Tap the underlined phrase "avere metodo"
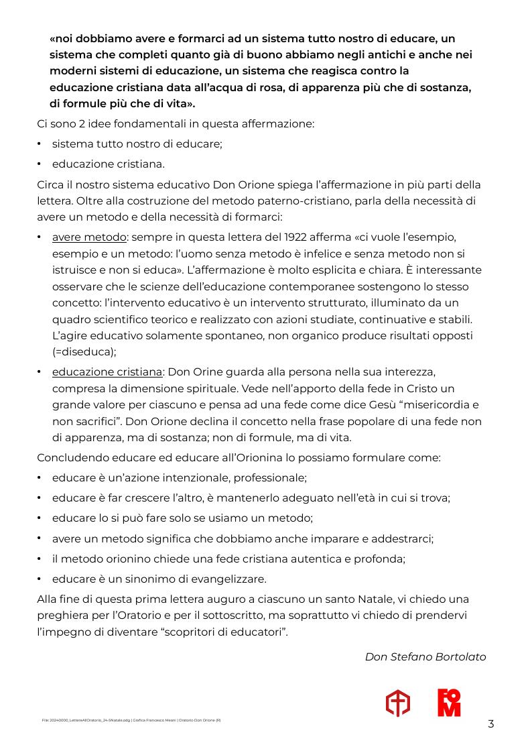[x=89, y=237]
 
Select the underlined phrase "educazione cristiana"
[x=107, y=371]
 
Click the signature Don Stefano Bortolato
[x=425, y=656]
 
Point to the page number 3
[x=491, y=723]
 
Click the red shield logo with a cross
[x=397, y=703]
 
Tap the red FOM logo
[x=449, y=703]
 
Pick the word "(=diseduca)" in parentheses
[x=84, y=351]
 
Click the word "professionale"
[x=272, y=478]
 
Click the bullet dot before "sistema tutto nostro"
[x=40, y=143]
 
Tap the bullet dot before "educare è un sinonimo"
[x=40, y=579]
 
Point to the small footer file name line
[x=131, y=720]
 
